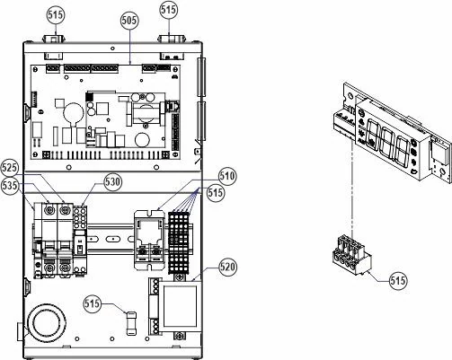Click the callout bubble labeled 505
(130, 21)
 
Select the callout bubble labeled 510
(227, 176)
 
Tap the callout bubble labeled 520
(227, 267)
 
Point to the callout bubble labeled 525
(9, 168)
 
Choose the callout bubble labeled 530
(113, 181)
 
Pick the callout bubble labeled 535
(10, 186)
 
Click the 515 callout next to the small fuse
(93, 303)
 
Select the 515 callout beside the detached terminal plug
(399, 281)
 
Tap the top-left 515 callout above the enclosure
(56, 15)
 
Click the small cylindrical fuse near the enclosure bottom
(131, 323)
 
